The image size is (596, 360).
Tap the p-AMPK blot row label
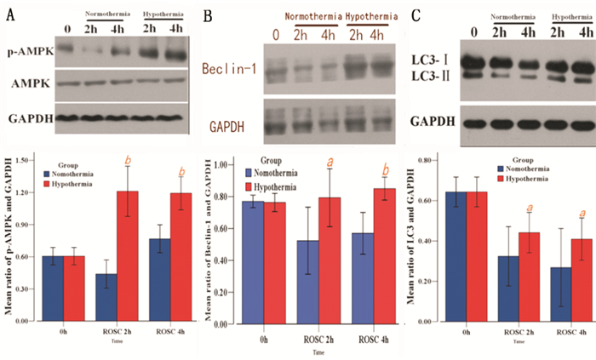(28, 51)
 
